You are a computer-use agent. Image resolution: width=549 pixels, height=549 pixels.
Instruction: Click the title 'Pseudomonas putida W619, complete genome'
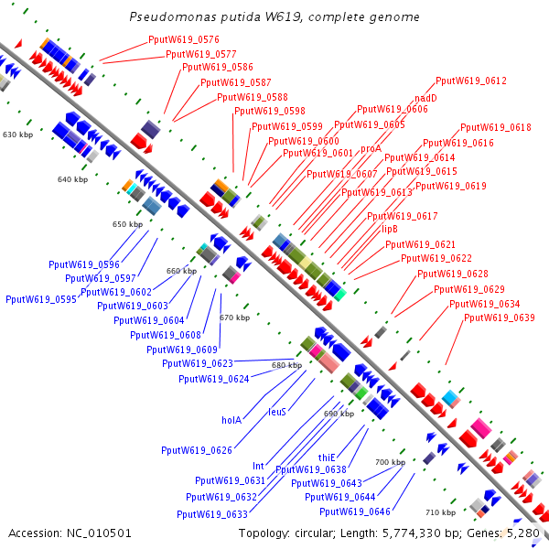274,17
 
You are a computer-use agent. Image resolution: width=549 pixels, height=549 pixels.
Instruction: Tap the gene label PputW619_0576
184,40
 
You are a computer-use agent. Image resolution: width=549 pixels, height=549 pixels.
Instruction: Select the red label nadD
425,97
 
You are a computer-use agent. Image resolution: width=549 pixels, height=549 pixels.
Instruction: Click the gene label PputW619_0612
471,81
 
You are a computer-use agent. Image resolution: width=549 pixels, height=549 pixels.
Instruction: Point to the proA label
371,148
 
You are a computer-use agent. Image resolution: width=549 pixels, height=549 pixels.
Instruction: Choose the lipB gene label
389,230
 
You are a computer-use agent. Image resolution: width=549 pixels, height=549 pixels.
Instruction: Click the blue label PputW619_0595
41,299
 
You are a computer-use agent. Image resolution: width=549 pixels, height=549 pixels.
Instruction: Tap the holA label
231,420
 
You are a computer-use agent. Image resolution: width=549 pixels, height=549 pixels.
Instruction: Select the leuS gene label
277,412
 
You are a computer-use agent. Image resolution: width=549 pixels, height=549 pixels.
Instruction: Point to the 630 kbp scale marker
17,135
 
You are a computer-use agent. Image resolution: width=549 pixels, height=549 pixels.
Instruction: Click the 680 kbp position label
286,365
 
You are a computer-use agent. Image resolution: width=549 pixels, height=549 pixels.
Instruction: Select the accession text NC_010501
70,533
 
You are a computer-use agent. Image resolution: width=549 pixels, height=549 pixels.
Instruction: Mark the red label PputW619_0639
500,318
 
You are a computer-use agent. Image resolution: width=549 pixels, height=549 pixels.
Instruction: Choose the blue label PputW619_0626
197,450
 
